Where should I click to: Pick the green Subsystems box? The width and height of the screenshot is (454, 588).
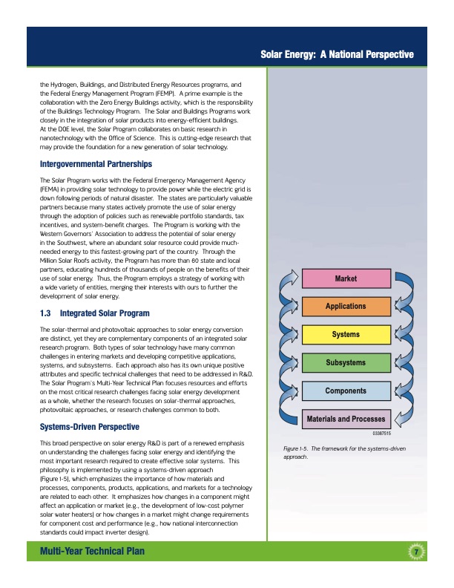click(346, 362)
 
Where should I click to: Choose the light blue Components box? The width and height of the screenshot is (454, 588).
click(346, 391)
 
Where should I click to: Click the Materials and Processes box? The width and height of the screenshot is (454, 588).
click(346, 419)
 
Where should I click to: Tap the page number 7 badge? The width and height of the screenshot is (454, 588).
click(417, 550)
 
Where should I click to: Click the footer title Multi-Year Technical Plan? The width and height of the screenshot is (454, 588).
click(92, 550)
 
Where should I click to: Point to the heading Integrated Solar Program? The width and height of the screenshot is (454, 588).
click(113, 313)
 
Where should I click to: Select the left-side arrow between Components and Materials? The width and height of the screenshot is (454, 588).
click(287, 404)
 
